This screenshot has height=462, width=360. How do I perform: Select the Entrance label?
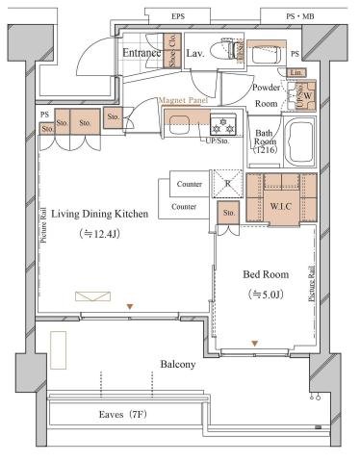(x=141, y=53)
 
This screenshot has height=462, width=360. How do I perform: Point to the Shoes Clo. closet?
(x=171, y=56)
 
